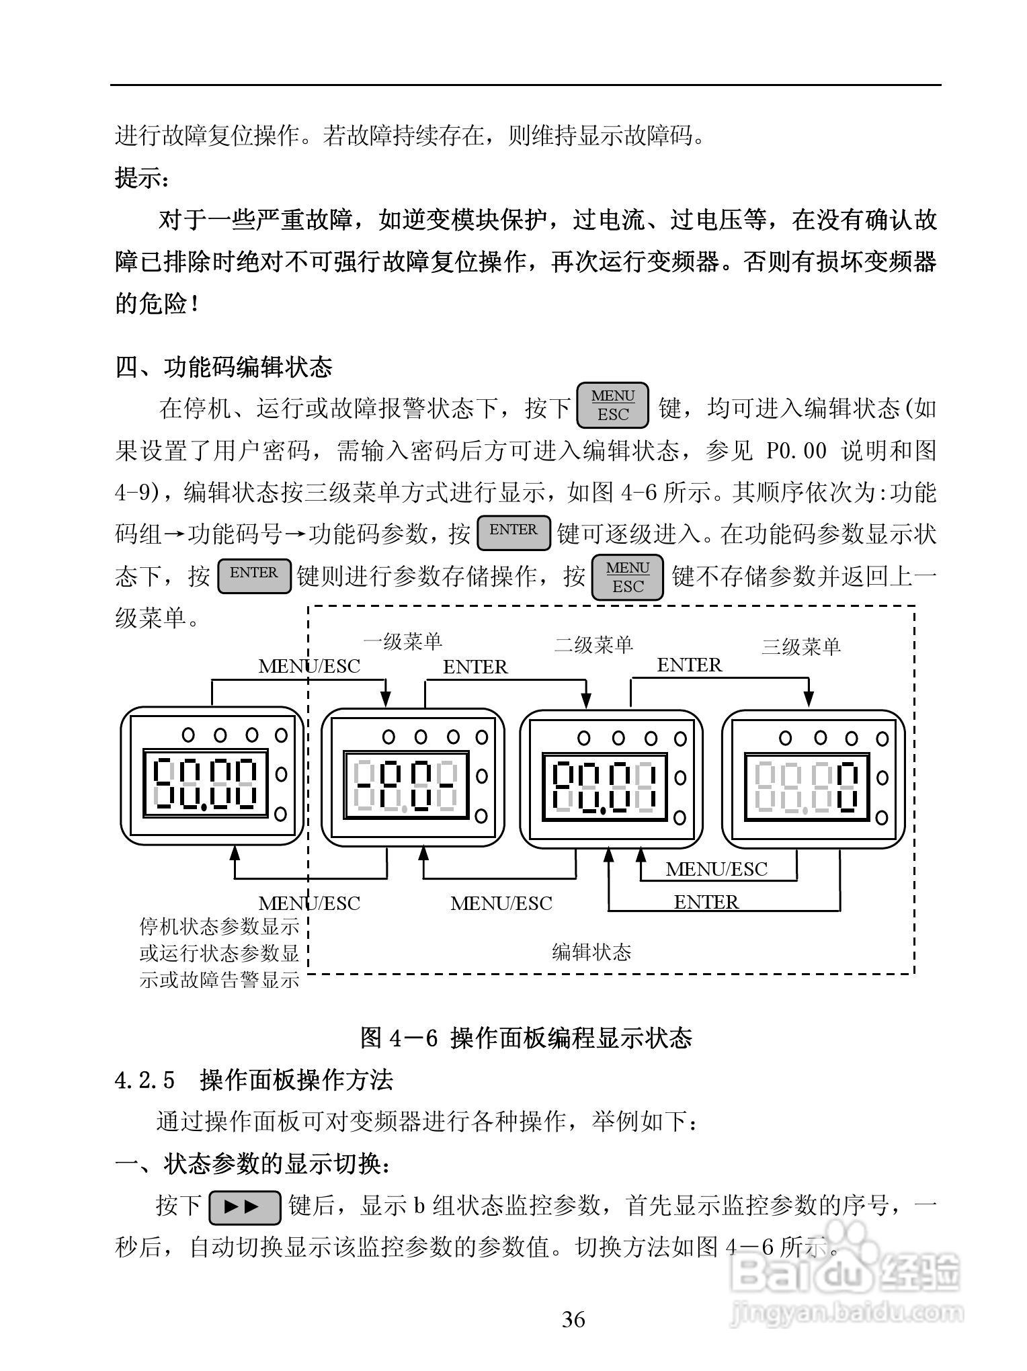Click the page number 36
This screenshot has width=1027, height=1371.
pyautogui.click(x=573, y=1319)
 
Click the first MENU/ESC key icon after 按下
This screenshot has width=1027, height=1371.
pyautogui.click(x=612, y=405)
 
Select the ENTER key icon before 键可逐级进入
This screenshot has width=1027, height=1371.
pyautogui.click(x=513, y=532)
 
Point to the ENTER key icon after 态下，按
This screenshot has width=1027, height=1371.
pyautogui.click(x=254, y=575)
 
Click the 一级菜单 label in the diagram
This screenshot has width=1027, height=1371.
pyautogui.click(x=403, y=642)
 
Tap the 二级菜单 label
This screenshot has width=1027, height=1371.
pyautogui.click(x=593, y=645)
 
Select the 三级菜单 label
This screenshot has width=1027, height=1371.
pyautogui.click(x=800, y=647)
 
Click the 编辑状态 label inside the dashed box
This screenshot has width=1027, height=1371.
pyautogui.click(x=591, y=952)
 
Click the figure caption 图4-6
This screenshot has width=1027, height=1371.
pyautogui.click(x=526, y=1038)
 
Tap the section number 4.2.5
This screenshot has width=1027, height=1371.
pyautogui.click(x=145, y=1080)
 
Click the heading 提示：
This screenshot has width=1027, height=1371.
pyautogui.click(x=142, y=179)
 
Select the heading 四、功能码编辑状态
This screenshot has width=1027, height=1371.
pyautogui.click(x=224, y=368)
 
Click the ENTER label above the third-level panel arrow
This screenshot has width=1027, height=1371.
pyautogui.click(x=689, y=665)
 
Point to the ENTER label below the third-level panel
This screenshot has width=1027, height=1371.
pyautogui.click(x=706, y=902)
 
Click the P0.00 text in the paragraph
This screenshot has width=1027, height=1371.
pyautogui.click(x=796, y=452)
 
